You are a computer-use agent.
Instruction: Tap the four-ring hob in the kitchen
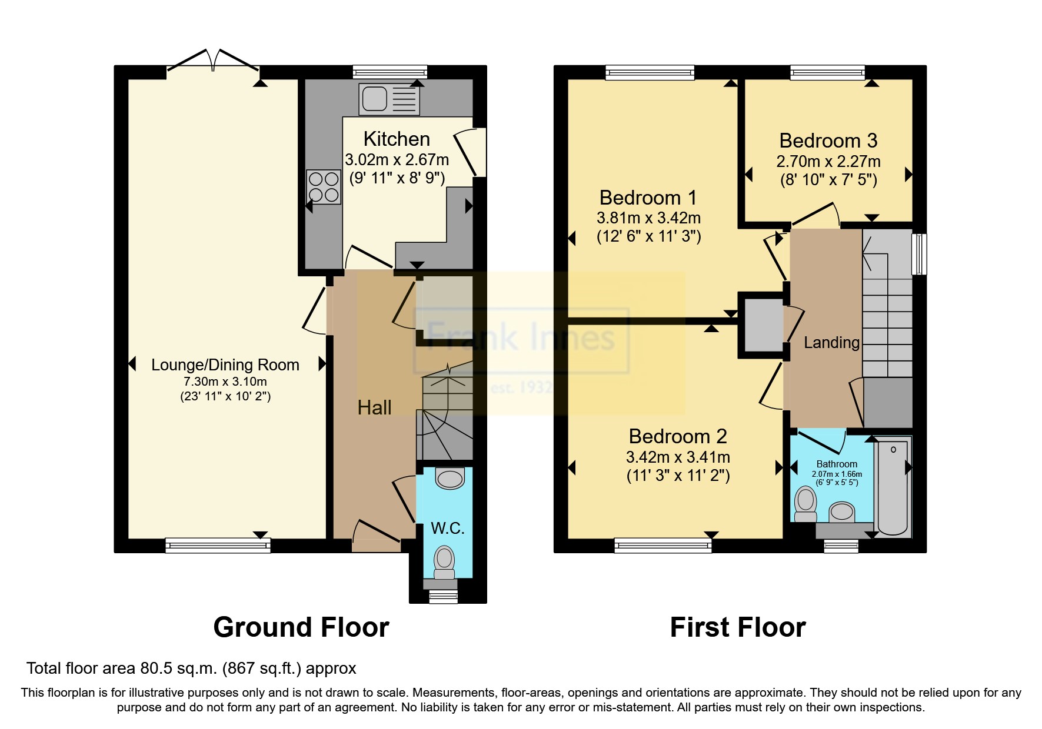point(324,187)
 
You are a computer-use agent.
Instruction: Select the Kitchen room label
point(397,139)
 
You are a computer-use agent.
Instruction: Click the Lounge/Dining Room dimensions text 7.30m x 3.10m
point(225,382)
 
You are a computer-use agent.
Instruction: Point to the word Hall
point(374,407)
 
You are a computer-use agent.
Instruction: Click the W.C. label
point(448,528)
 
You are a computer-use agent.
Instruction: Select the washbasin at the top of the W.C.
point(451,478)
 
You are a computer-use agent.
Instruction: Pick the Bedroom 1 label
point(648,198)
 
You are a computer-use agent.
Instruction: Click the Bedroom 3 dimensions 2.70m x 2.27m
point(828,161)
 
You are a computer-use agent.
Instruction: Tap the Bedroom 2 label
point(678,436)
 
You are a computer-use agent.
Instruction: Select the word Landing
point(831,342)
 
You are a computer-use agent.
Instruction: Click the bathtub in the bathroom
point(893,487)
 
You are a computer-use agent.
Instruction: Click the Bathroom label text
point(837,464)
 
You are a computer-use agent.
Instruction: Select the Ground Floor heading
point(301,627)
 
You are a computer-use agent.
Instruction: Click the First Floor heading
point(737,627)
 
